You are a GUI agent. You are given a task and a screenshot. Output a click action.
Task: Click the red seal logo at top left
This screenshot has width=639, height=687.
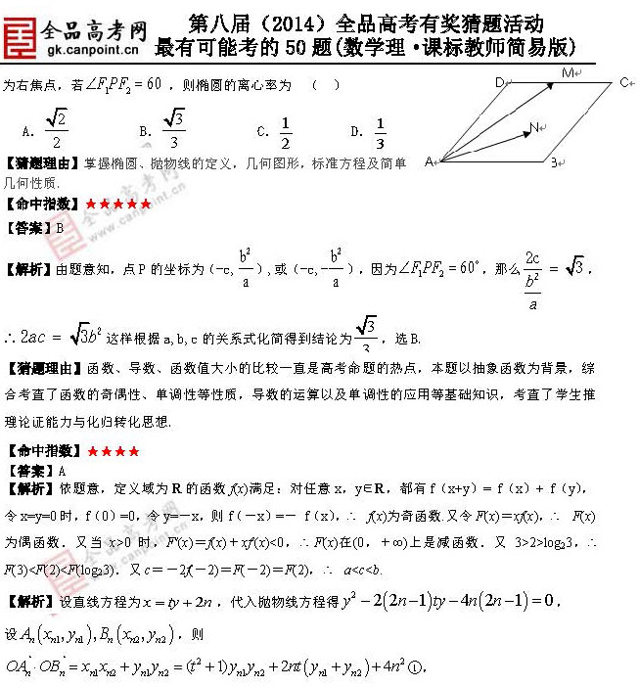[x=20, y=31]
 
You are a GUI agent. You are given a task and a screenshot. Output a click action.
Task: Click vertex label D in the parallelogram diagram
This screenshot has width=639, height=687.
[x=499, y=81]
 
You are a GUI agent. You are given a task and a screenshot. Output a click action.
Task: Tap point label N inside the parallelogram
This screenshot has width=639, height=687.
[x=535, y=126]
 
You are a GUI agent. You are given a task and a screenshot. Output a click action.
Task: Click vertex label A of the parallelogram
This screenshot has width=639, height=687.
[x=429, y=161]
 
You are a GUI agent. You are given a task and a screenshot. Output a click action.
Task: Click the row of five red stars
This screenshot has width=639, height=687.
[x=118, y=204]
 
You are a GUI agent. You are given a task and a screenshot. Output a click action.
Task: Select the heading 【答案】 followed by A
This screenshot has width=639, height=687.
[x=37, y=471]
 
